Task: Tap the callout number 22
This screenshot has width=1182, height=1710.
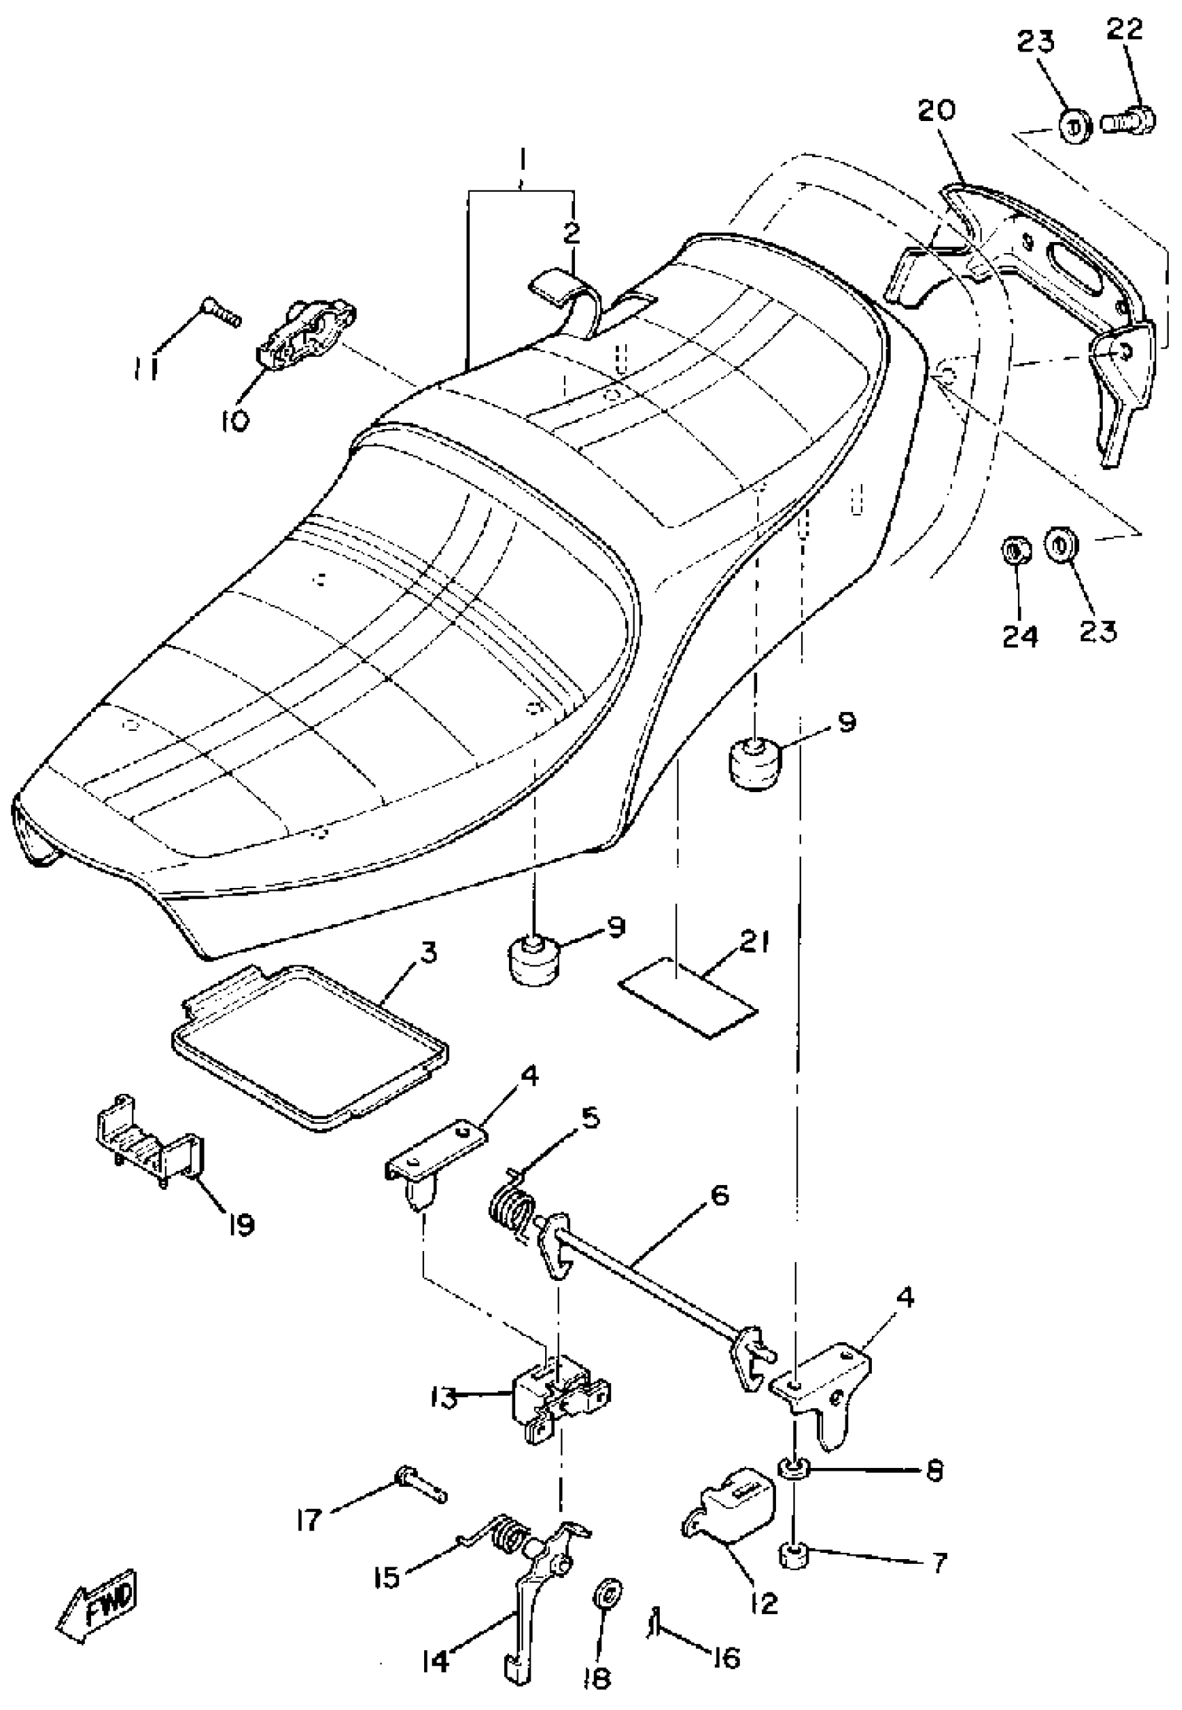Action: click(x=1125, y=31)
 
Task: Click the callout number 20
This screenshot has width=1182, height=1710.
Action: click(x=937, y=111)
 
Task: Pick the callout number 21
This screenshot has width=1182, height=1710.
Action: click(x=754, y=944)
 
